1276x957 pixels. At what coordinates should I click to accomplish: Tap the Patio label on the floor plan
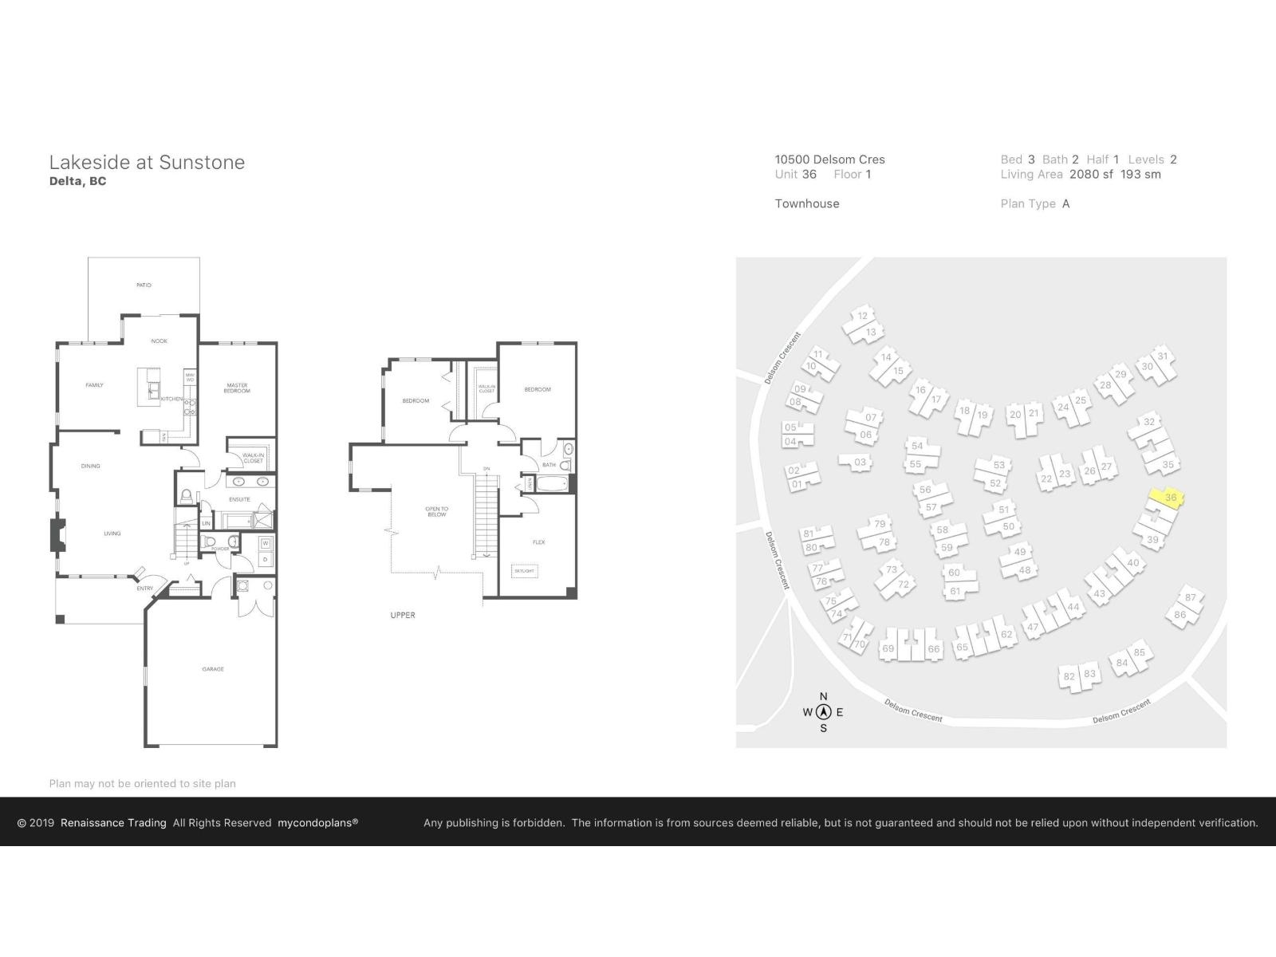144,285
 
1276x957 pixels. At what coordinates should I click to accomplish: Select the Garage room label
213,669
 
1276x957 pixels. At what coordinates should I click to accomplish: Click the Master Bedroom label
237,388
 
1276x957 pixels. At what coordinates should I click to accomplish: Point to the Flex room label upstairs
539,542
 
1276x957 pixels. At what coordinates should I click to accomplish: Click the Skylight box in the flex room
524,571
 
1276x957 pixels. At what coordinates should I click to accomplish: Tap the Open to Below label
437,512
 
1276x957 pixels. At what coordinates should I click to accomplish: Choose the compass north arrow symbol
824,712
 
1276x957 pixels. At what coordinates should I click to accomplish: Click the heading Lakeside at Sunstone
147,163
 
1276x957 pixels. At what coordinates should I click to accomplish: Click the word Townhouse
807,204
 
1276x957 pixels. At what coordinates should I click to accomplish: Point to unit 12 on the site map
862,316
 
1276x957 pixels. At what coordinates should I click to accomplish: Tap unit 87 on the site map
1190,597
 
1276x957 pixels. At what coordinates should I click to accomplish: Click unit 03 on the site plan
859,462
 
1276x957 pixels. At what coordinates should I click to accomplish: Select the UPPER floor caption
403,615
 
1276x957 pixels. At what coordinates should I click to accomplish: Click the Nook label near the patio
159,341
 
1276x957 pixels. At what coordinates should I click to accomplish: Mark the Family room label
94,385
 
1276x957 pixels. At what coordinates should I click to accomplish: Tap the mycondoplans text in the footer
317,823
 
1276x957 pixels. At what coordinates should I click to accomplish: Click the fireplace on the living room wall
57,535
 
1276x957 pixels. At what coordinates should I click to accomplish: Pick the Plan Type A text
1035,204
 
